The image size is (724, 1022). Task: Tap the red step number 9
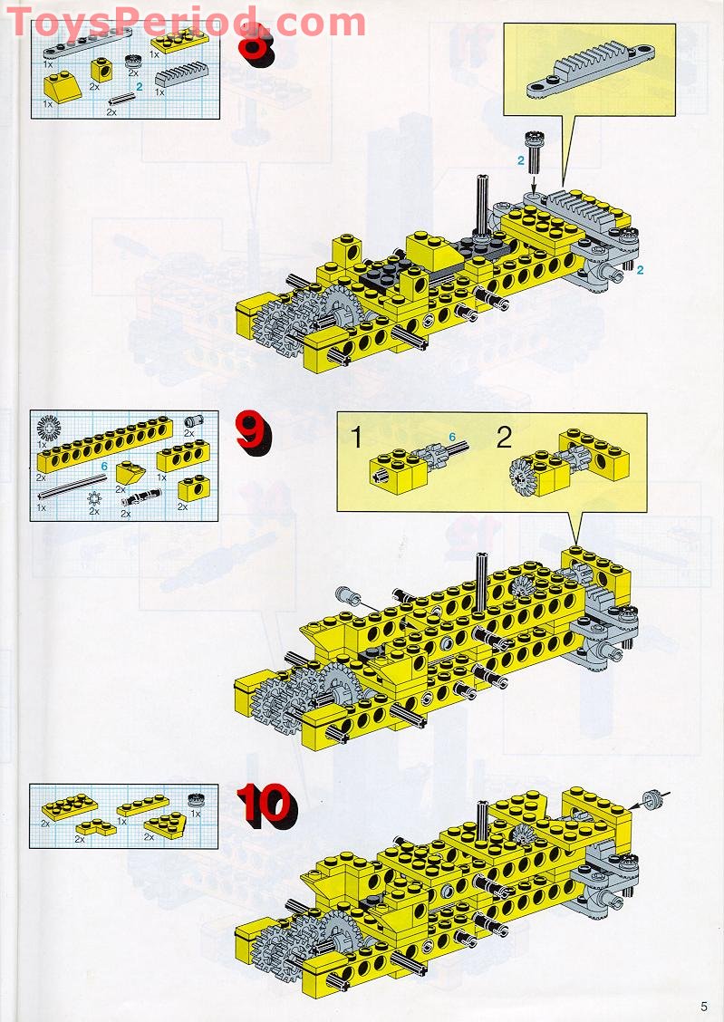click(252, 432)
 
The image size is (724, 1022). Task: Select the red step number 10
click(265, 805)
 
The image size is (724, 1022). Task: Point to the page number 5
click(703, 1005)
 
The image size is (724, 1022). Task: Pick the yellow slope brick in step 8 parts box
click(62, 88)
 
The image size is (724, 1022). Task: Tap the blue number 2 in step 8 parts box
click(140, 87)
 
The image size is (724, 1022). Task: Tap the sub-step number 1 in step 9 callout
click(356, 439)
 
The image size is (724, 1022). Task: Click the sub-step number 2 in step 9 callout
click(504, 439)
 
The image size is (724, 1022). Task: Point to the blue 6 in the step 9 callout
click(451, 437)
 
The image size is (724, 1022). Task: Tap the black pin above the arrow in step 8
click(532, 145)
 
